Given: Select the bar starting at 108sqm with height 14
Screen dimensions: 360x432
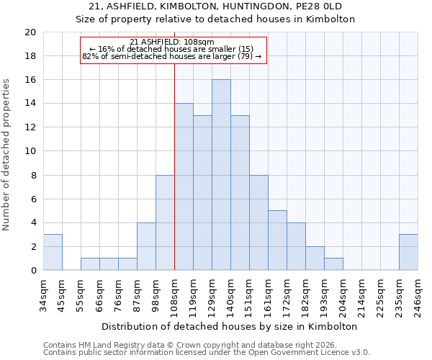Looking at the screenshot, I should [x=184, y=187].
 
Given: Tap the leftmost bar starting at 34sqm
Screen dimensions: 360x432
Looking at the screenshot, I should [x=53, y=252].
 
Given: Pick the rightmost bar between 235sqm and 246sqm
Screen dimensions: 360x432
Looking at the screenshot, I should [x=408, y=252].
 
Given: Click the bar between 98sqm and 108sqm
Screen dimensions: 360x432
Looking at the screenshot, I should [x=165, y=222].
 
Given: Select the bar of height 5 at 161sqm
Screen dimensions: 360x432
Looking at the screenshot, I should [x=277, y=240].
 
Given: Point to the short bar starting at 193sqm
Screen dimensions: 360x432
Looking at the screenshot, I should [x=333, y=264].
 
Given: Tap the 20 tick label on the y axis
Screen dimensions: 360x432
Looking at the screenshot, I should [x=30, y=32].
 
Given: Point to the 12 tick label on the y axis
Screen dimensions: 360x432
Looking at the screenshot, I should [x=30, y=127].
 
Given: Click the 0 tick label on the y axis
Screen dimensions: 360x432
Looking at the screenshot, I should [x=32, y=271].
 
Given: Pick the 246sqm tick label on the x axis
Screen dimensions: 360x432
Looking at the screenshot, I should [x=418, y=294].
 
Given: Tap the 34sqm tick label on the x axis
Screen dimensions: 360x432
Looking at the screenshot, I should [x=44, y=292].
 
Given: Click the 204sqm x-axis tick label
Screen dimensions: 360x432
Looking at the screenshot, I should [x=343, y=294].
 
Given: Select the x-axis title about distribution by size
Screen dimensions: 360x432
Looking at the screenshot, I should [x=234, y=326].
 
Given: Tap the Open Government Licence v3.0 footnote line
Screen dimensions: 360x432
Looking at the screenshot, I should [x=207, y=353].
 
